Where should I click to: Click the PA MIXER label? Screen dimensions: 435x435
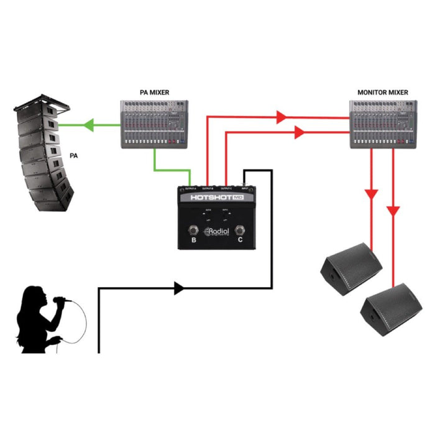[x=154, y=93]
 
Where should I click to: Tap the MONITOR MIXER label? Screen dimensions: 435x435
[x=383, y=93]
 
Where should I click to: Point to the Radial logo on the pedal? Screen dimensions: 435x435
[x=217, y=233]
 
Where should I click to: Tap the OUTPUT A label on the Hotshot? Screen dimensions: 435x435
[x=188, y=188]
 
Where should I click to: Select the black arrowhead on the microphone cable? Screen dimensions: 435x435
[x=178, y=288]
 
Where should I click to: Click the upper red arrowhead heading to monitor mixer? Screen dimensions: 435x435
[x=282, y=116]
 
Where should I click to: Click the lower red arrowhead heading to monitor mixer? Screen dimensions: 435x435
[x=298, y=132]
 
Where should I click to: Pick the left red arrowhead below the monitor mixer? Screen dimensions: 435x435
[x=372, y=195]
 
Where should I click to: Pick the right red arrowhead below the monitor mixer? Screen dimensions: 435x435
[x=393, y=212]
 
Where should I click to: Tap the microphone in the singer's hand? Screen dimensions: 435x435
[x=59, y=301]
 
